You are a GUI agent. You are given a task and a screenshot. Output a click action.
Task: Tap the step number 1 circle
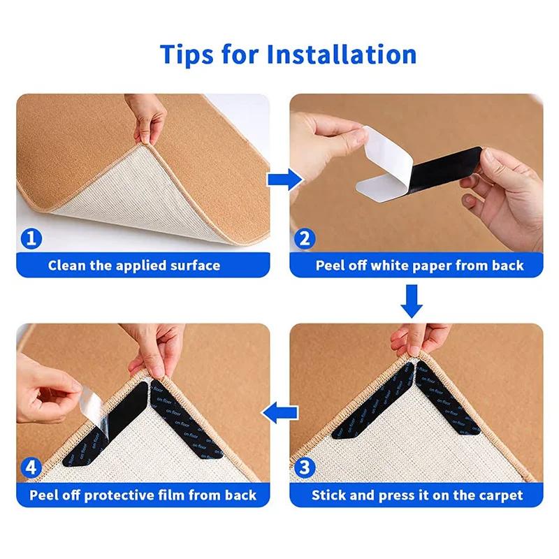[31, 239]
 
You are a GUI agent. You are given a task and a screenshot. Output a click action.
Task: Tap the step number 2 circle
[304, 239]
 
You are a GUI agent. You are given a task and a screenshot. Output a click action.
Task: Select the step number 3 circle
[304, 467]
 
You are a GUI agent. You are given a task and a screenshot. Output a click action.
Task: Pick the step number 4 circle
[31, 467]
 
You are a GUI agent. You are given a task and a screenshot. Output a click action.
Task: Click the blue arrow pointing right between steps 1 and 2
[279, 180]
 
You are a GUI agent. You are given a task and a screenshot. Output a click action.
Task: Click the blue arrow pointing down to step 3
[414, 300]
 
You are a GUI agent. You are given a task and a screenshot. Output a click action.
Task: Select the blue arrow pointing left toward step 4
[278, 414]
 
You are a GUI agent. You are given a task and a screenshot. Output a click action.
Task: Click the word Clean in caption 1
[68, 266]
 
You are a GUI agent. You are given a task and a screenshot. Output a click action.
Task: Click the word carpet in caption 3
[497, 495]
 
